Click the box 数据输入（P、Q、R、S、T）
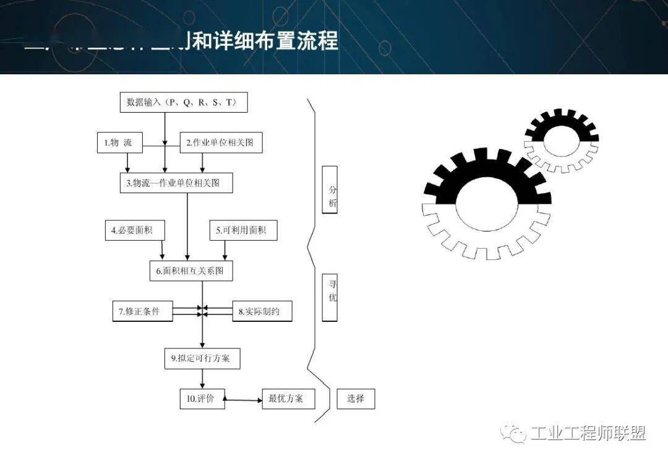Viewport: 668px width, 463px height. coord(183,102)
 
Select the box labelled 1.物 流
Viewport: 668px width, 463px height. coord(119,143)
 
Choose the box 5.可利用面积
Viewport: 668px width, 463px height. coord(243,231)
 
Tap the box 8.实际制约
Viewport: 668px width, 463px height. coord(262,311)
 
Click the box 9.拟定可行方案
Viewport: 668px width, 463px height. coord(202,358)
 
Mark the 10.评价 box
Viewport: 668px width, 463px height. coord(202,399)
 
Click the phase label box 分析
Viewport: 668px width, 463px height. coord(330,190)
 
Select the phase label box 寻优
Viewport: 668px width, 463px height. coord(330,297)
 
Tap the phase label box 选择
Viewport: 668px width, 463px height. coord(356,399)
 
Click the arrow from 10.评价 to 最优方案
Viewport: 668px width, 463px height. coord(244,400)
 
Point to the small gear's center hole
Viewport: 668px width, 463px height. coord(561,141)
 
